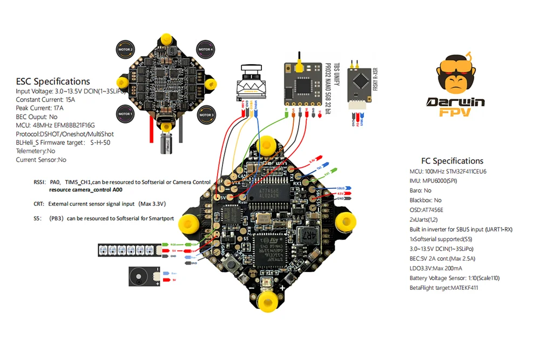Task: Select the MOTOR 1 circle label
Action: coord(125,114)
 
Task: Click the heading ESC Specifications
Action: coord(53,81)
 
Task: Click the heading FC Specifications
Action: coord(452,161)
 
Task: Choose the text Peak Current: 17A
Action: coord(39,108)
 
